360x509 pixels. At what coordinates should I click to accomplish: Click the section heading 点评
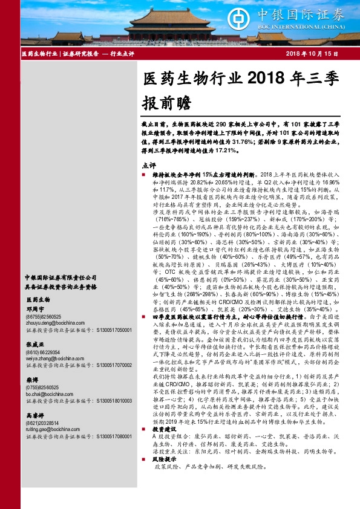point(148,165)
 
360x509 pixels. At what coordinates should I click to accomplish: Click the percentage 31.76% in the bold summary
point(269,143)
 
